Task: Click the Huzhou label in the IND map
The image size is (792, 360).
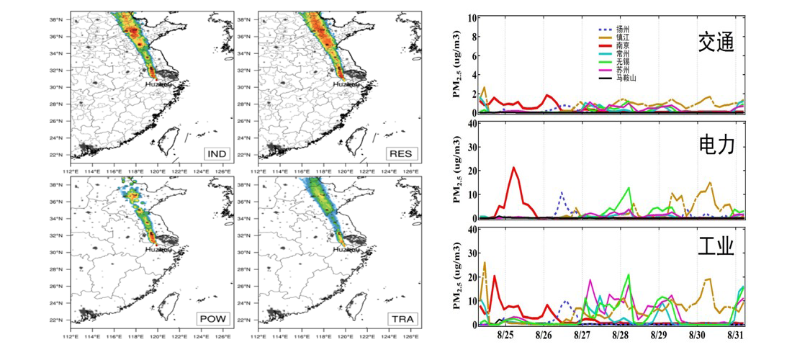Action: [x=158, y=84]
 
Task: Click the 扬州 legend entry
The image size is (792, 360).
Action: [x=624, y=30]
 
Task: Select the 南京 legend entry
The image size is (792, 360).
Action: [x=624, y=45]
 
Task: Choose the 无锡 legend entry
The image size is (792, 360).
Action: [x=624, y=62]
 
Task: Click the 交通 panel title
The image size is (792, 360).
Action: [x=715, y=43]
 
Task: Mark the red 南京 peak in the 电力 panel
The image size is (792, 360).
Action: [x=513, y=168]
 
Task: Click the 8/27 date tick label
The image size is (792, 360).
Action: [x=582, y=336]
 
